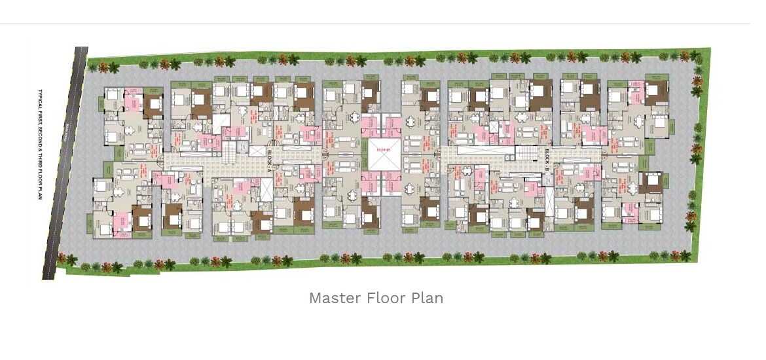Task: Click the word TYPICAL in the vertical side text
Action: click(x=40, y=104)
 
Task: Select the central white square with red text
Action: click(x=382, y=154)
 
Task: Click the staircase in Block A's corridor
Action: click(x=228, y=154)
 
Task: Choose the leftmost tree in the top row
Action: click(x=94, y=66)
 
